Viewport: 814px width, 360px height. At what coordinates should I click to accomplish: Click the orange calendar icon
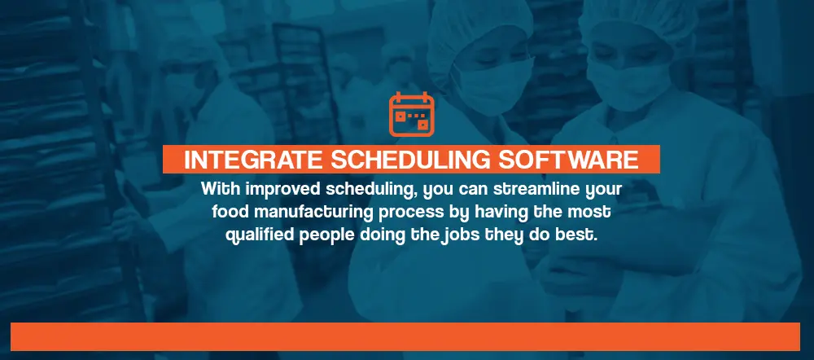[411, 114]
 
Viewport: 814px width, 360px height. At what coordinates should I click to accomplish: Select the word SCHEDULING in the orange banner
[410, 160]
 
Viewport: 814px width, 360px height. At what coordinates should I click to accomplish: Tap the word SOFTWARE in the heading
[568, 160]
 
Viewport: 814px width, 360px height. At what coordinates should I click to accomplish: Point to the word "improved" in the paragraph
[283, 190]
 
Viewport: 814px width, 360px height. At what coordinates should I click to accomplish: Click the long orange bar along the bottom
[405, 336]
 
